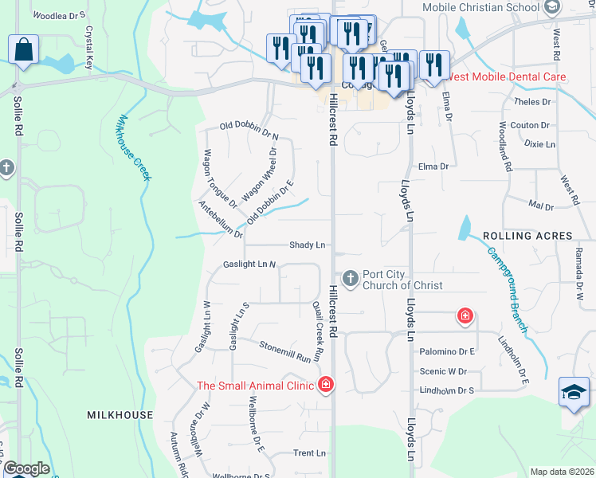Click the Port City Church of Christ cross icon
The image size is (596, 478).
pyautogui.click(x=350, y=279)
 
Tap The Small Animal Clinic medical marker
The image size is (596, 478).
pyautogui.click(x=325, y=386)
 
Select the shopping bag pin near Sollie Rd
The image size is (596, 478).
pyautogui.click(x=24, y=49)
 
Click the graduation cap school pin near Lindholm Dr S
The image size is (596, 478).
pyautogui.click(x=574, y=393)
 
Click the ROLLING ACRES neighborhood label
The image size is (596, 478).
pyautogui.click(x=527, y=236)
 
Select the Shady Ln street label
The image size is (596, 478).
pyautogui.click(x=308, y=245)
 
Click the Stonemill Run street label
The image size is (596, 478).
pyautogui.click(x=284, y=351)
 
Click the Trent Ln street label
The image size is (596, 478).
pyautogui.click(x=310, y=453)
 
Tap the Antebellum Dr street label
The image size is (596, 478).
pyautogui.click(x=221, y=218)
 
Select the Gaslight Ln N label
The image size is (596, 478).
pyautogui.click(x=249, y=264)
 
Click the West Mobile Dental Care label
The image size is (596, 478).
pyautogui.click(x=508, y=77)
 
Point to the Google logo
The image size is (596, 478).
pyautogui.click(x=25, y=468)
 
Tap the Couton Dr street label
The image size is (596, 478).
pyautogui.click(x=530, y=125)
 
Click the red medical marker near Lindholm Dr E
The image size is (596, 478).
pyautogui.click(x=465, y=317)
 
